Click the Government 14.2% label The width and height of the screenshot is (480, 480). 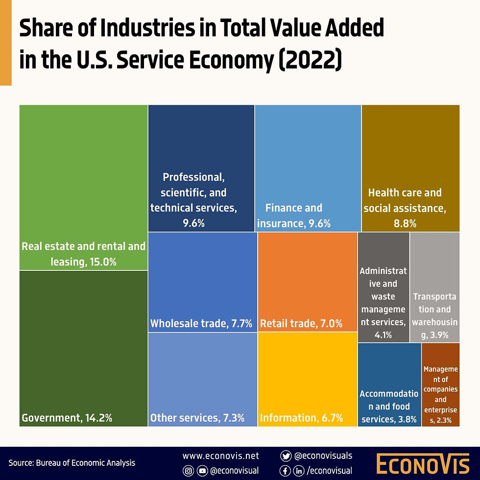[67, 418]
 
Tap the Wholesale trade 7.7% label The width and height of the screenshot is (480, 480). [201, 323]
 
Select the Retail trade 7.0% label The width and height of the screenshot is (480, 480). [301, 323]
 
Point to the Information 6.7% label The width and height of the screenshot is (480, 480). [301, 418]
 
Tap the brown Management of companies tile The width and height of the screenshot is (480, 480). [440, 384]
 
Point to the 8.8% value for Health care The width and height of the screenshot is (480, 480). [405, 224]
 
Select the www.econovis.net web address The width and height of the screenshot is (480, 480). [220, 456]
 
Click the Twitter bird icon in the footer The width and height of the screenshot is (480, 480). [286, 456]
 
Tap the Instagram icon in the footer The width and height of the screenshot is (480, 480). [188, 471]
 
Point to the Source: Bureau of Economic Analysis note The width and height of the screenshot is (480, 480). [72, 463]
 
